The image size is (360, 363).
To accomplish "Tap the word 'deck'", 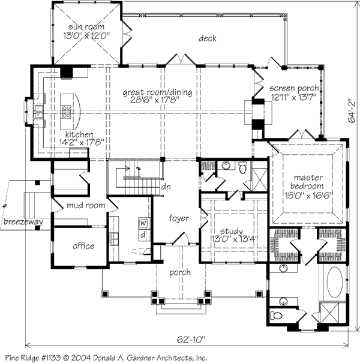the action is (x=208, y=39).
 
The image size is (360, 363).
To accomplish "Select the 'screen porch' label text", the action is (x=294, y=88).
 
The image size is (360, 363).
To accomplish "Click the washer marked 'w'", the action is (x=143, y=223).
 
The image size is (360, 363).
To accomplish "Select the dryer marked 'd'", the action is (x=143, y=235).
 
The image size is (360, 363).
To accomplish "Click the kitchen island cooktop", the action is (x=67, y=110).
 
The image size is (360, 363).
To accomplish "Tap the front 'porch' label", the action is (x=180, y=272).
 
